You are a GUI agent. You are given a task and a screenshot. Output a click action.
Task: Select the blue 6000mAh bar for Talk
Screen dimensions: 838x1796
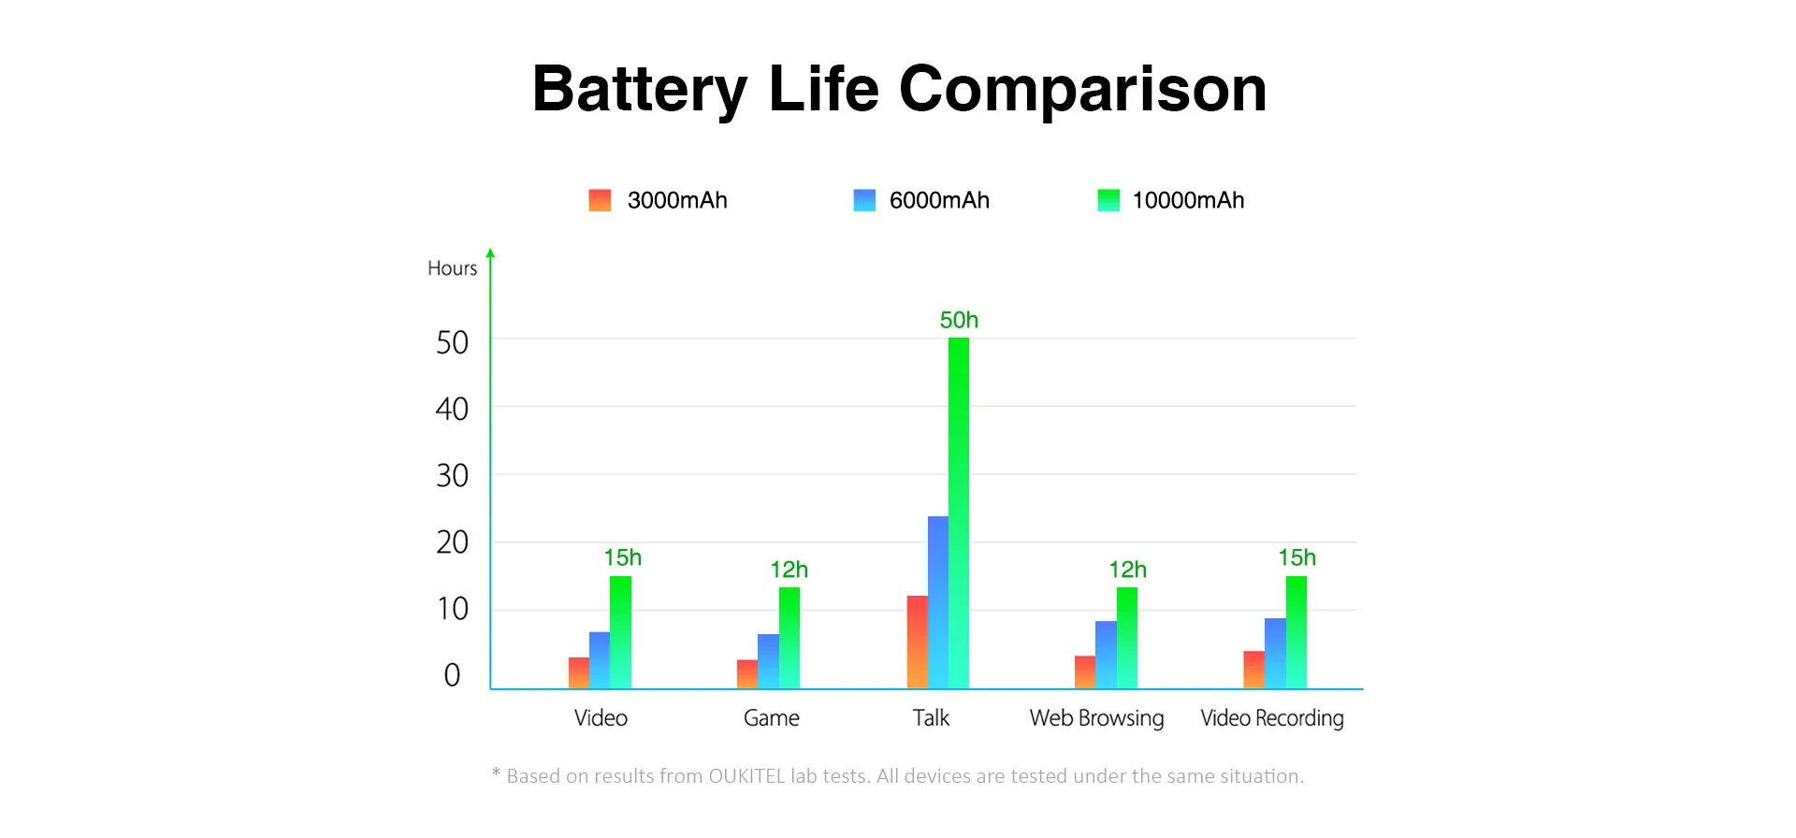pos(937,602)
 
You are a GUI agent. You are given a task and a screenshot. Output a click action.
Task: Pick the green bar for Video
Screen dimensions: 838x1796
pos(620,632)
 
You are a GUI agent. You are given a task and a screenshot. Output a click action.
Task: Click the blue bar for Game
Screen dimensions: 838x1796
pos(768,661)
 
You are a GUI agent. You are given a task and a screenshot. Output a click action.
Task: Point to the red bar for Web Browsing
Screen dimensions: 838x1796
pos(1084,672)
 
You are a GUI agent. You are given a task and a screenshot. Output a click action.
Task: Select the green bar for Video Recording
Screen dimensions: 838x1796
pos(1296,632)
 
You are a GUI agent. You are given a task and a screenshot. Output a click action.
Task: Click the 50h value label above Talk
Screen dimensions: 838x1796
pos(959,320)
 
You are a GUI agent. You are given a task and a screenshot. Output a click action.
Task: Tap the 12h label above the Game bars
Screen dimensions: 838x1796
pos(789,570)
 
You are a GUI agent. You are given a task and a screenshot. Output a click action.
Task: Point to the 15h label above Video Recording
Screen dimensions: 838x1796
pos(1296,557)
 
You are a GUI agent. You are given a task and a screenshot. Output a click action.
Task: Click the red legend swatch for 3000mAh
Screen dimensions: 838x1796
pos(600,200)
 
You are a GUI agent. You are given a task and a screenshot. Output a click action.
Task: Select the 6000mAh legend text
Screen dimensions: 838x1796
pos(939,200)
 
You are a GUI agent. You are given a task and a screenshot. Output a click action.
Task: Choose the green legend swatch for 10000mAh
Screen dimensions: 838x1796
pos(1108,200)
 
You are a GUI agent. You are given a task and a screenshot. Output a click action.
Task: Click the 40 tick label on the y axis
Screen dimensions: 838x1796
pos(452,409)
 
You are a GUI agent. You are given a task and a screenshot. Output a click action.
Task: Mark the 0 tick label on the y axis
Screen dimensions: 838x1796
pos(452,675)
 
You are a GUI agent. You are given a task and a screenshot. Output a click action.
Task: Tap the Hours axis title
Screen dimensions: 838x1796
pos(452,268)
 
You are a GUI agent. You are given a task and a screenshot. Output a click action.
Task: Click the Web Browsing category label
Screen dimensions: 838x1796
pos(1096,718)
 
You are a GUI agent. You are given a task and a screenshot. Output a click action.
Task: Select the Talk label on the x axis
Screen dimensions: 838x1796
pos(931,718)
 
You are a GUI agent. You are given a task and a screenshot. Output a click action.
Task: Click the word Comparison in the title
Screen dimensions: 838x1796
pos(1082,90)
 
